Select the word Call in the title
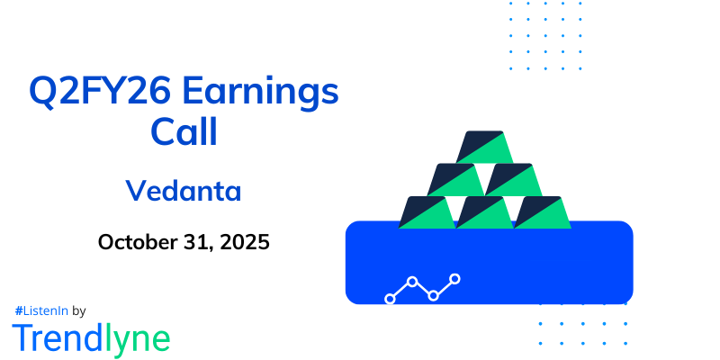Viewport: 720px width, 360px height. [x=183, y=133]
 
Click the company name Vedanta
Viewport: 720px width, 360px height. [x=184, y=191]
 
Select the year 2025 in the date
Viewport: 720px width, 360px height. [x=246, y=242]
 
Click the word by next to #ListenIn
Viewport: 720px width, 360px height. [x=78, y=310]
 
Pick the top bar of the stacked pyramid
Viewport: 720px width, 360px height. [x=485, y=147]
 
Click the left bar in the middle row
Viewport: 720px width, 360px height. [x=456, y=179]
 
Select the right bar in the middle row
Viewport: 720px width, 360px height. [x=514, y=179]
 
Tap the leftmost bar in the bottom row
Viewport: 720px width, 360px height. [x=427, y=211]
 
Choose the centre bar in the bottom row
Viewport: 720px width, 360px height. [x=485, y=211]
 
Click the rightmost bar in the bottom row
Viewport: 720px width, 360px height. [x=543, y=211]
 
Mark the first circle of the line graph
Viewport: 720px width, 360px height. [x=390, y=298]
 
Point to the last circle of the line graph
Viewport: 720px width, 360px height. [x=455, y=279]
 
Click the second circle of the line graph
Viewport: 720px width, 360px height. [x=412, y=282]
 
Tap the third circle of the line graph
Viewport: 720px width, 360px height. [x=434, y=295]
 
